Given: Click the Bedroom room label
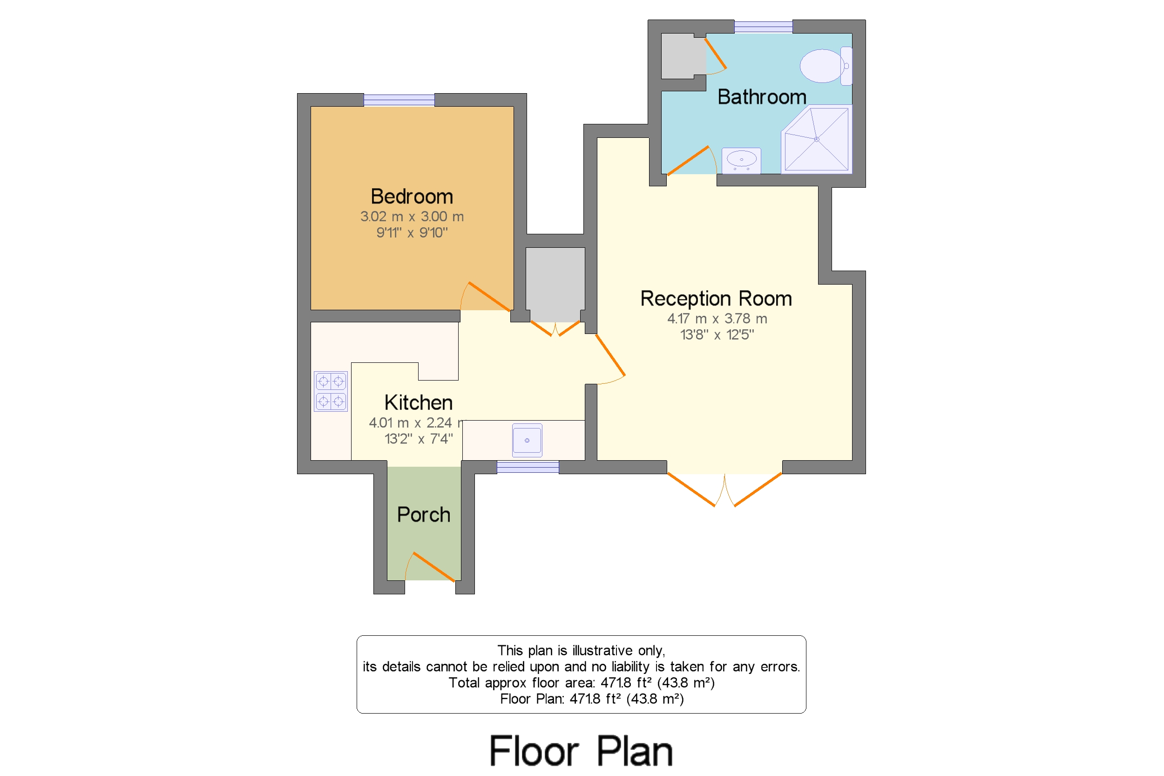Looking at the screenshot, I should click(x=412, y=197).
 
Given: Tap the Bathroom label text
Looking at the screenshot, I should click(x=761, y=97).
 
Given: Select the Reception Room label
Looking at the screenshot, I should click(x=716, y=299).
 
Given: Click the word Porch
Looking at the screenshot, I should click(x=423, y=515).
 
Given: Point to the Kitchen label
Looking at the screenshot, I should click(x=419, y=403).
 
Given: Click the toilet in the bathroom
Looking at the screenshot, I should click(x=825, y=66).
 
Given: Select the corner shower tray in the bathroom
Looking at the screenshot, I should click(x=817, y=140).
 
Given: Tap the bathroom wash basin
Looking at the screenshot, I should click(x=741, y=160).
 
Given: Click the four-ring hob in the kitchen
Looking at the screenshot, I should click(x=331, y=391).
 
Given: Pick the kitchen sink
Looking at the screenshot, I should click(x=527, y=441).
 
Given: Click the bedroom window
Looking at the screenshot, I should click(x=399, y=100).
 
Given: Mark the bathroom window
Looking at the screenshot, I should click(x=763, y=27).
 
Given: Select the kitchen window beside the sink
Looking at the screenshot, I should click(x=528, y=467).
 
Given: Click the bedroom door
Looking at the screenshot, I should click(x=489, y=296).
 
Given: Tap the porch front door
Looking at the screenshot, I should click(x=434, y=567).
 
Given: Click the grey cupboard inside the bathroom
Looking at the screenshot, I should click(x=683, y=56).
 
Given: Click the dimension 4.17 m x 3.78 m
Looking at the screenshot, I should click(x=717, y=319).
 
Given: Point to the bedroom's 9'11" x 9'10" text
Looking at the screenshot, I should click(x=412, y=232).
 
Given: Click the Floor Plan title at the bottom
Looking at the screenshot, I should click(x=581, y=751).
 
